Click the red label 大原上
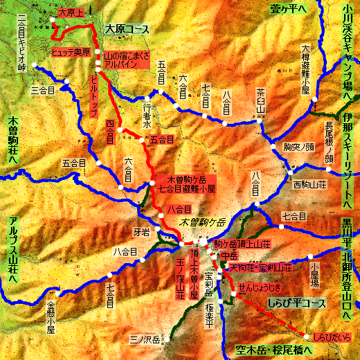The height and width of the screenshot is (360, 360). (x=69, y=12)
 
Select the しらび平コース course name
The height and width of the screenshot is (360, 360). (x=291, y=303)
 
